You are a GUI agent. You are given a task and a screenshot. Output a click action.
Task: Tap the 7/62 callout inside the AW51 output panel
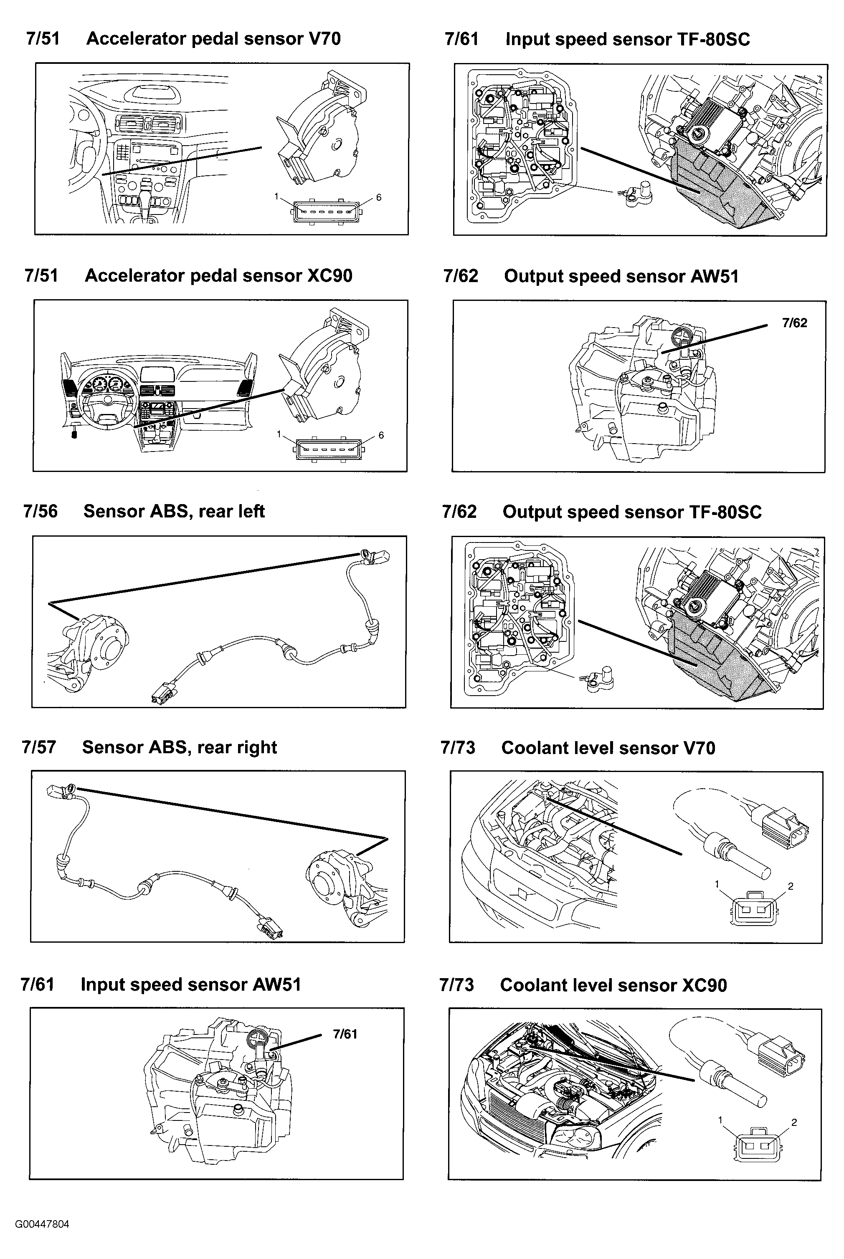pos(794,323)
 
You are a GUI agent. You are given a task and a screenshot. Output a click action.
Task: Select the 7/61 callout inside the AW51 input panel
pos(345,1034)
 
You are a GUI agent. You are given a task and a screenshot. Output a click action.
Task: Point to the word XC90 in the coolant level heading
pos(705,985)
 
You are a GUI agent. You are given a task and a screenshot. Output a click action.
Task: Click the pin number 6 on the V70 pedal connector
pos(379,197)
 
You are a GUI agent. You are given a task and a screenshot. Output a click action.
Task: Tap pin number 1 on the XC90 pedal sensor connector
pos(279,434)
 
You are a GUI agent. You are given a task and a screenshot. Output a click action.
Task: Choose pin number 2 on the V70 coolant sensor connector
pos(791,886)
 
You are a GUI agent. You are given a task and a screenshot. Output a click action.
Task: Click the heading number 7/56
pos(41,511)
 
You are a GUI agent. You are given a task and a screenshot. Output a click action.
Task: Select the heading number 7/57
pos(39,747)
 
